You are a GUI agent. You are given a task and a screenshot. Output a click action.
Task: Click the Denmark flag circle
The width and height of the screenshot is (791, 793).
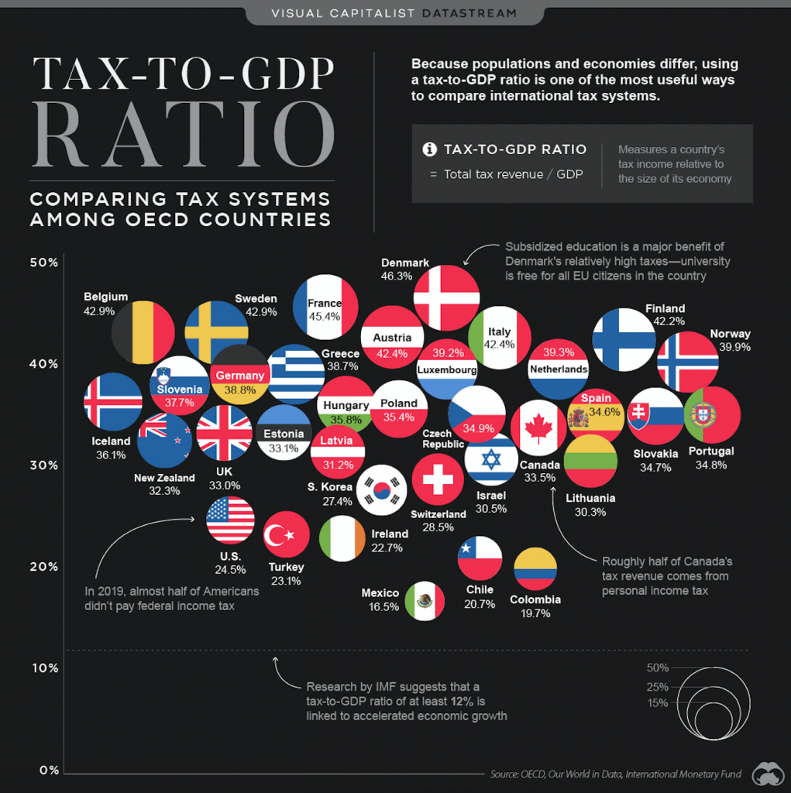446,297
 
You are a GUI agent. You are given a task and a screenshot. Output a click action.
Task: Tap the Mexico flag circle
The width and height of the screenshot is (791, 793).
425,601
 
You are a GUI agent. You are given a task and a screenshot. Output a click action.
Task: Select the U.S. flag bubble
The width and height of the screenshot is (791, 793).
230,520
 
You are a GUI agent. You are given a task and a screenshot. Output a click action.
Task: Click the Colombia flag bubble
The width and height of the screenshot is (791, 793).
535,569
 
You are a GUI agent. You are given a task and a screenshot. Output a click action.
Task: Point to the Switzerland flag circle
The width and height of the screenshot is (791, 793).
438,479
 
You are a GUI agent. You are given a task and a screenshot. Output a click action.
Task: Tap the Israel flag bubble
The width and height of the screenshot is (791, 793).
491,459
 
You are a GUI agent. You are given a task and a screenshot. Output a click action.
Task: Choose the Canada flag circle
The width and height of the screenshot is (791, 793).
538,427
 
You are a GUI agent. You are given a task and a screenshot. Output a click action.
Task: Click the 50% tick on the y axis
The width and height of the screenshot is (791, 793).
44,263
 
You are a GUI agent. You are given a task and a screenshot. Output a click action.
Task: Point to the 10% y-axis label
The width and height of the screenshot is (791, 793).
44,668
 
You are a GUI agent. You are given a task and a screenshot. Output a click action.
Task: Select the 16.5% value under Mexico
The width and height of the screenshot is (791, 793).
380,608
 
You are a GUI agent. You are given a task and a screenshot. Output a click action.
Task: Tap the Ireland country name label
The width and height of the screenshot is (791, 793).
389,534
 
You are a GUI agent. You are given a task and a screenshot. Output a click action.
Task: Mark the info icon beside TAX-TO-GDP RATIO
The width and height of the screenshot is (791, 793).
428,149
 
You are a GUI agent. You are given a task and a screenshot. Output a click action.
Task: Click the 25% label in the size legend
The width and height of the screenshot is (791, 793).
657,687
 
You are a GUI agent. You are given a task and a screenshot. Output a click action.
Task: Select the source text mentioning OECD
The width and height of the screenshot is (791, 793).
615,774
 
